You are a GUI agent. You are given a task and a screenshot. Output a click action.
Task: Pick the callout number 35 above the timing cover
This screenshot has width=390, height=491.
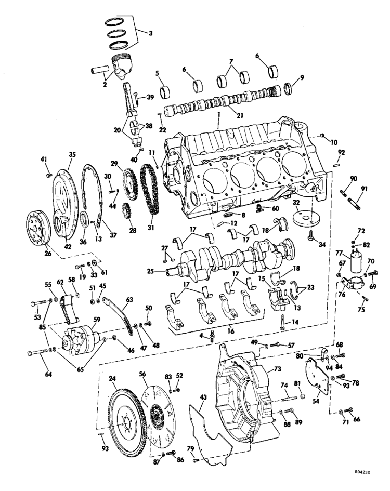coord(72,155)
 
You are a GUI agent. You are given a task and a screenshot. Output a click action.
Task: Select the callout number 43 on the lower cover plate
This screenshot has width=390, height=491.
coord(203,396)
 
